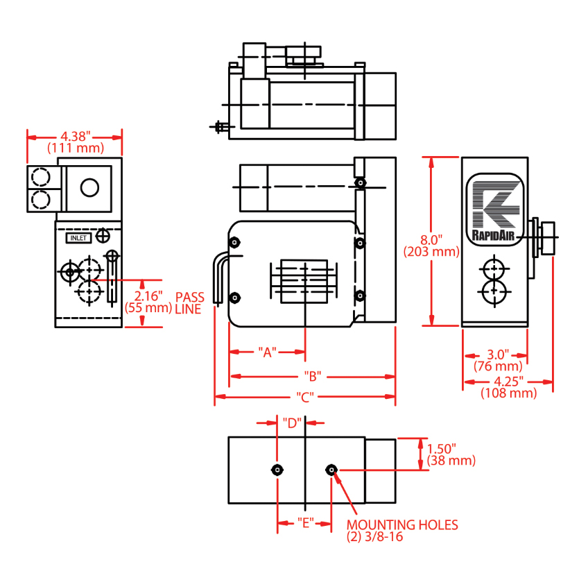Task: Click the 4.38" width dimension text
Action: [x=76, y=136]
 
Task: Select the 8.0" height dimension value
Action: [x=431, y=240]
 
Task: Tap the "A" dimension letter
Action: [x=267, y=352]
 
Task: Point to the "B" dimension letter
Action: [x=313, y=376]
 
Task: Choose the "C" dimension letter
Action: [x=305, y=397]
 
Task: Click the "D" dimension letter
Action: [x=292, y=423]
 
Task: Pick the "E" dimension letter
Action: [x=306, y=523]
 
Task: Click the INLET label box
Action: [x=78, y=238]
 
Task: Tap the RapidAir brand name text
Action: [x=493, y=235]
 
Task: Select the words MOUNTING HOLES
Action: [x=402, y=525]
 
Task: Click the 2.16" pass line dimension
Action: [x=148, y=296]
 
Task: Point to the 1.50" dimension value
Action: [x=442, y=449]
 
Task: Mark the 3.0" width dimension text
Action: [x=498, y=355]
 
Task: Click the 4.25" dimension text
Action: [x=509, y=381]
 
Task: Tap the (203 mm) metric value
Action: [x=431, y=252]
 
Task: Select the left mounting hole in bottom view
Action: [x=277, y=470]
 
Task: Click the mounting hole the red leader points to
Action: [x=331, y=470]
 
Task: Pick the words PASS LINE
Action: [x=189, y=303]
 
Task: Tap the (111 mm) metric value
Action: [x=76, y=148]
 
